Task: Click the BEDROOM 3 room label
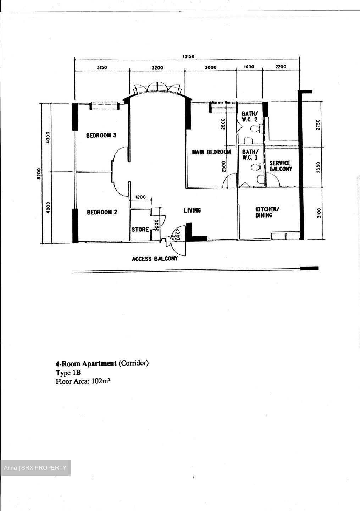click(x=101, y=136)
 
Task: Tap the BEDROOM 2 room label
click(x=102, y=212)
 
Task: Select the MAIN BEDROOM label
click(x=211, y=152)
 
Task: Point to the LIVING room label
click(x=192, y=210)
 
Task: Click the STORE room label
click(x=140, y=230)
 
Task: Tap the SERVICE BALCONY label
click(x=281, y=166)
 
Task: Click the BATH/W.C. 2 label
click(x=250, y=116)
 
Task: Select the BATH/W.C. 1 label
click(x=250, y=154)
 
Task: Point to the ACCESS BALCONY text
click(x=155, y=259)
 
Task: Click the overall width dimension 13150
click(x=189, y=56)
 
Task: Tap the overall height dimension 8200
click(x=39, y=174)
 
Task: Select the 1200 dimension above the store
click(x=140, y=197)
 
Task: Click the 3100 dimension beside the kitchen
click(x=319, y=213)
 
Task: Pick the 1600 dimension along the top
click(x=249, y=67)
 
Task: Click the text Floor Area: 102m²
click(x=83, y=381)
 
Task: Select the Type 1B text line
click(x=68, y=373)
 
